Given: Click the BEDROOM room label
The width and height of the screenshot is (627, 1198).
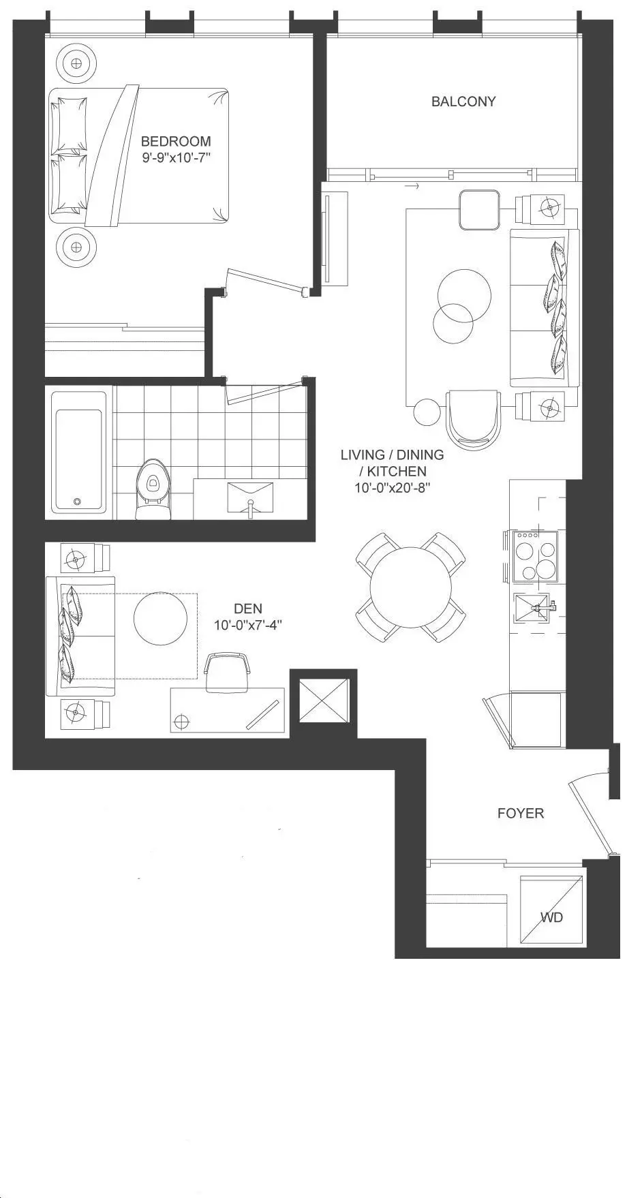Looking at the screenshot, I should (x=176, y=141).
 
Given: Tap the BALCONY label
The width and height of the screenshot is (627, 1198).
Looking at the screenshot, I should (x=463, y=102).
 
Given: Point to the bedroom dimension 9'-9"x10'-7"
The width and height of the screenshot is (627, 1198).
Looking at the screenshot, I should (x=177, y=158).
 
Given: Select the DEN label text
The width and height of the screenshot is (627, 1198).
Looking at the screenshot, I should (x=247, y=609).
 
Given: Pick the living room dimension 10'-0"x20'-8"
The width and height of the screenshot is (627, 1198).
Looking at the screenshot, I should (x=392, y=488).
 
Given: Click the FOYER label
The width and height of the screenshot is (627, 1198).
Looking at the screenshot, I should (x=521, y=813).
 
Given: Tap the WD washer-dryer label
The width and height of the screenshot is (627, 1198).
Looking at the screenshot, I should (x=552, y=917).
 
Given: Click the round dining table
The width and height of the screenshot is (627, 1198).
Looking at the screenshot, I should (x=411, y=587).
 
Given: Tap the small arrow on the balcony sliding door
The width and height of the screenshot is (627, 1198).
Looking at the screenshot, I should (x=411, y=185).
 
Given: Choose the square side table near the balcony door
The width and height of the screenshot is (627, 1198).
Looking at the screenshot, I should (x=480, y=210).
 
